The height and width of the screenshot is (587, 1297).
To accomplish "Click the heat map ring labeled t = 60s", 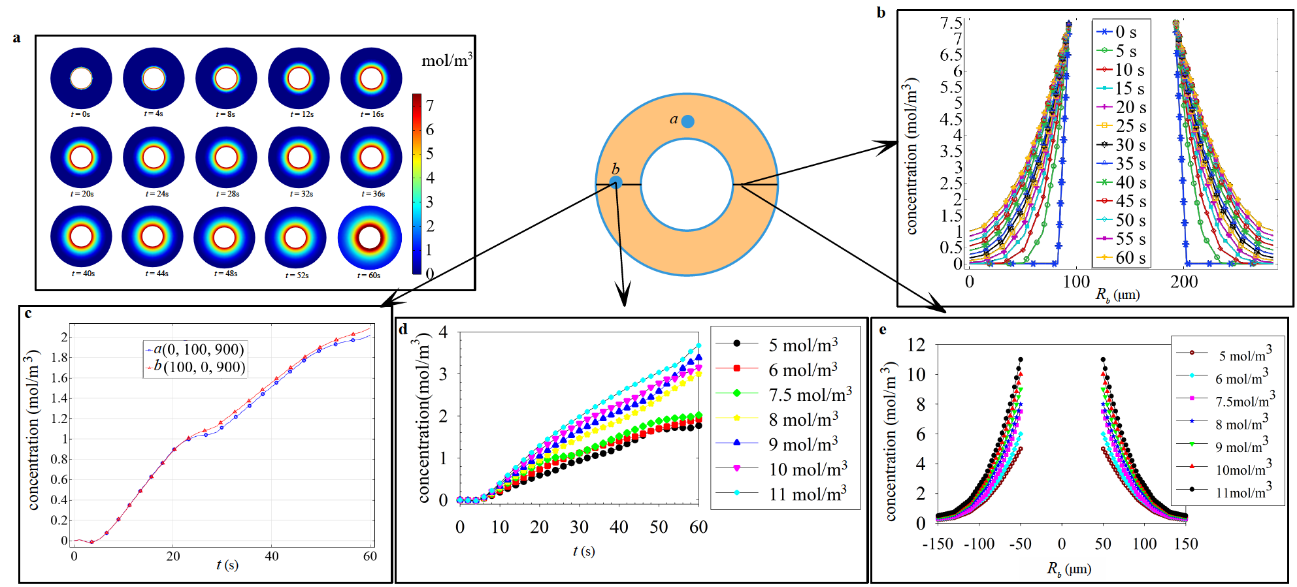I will tap(369, 238).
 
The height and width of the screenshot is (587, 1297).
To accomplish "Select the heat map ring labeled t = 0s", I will tap(81, 78).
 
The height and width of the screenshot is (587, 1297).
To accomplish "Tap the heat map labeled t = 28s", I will tap(226, 157).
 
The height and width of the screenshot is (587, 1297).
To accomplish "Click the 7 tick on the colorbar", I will tap(429, 106).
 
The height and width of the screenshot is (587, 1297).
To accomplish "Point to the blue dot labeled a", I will tap(687, 121).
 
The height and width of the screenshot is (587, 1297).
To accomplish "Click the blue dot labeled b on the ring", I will tap(616, 182).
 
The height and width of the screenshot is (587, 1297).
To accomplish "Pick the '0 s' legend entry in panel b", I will tap(1119, 32).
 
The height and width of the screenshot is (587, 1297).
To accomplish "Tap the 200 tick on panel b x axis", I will tap(1184, 282).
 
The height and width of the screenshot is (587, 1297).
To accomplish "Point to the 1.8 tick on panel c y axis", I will tap(59, 357).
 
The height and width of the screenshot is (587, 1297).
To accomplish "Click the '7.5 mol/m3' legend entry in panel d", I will tap(784, 394).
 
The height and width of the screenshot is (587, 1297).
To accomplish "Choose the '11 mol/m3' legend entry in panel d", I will tap(784, 494).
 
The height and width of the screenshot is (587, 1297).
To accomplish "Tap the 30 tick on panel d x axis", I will tap(579, 527).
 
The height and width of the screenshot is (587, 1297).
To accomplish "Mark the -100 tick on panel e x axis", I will tap(979, 544).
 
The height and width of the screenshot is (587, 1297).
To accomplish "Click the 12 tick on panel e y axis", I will tap(917, 345).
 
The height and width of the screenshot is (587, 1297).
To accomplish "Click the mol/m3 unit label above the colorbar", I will tap(447, 61).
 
